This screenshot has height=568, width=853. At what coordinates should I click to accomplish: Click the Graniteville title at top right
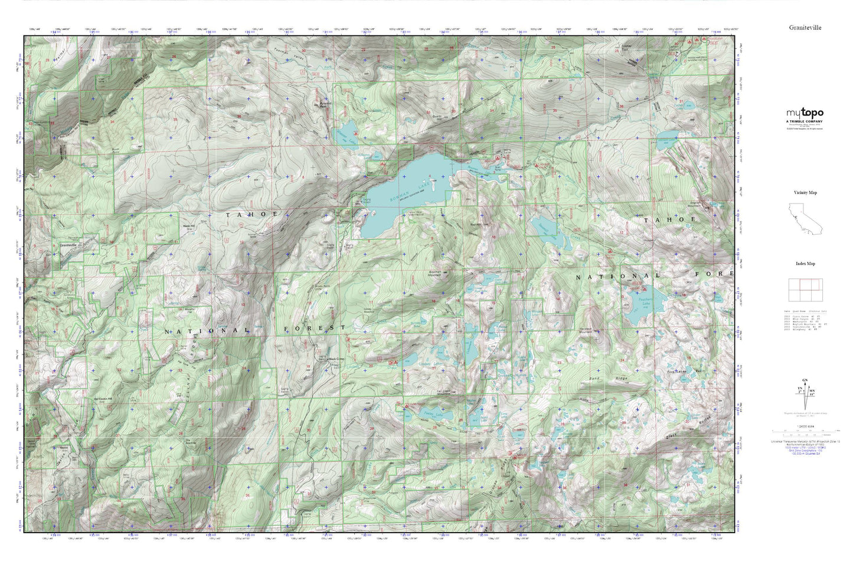pos(805,28)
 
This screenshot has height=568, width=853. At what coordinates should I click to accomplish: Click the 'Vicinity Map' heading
pos(805,193)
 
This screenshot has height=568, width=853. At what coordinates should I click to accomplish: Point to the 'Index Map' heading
pos(805,264)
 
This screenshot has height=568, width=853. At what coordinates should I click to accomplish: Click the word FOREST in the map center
pos(313,328)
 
